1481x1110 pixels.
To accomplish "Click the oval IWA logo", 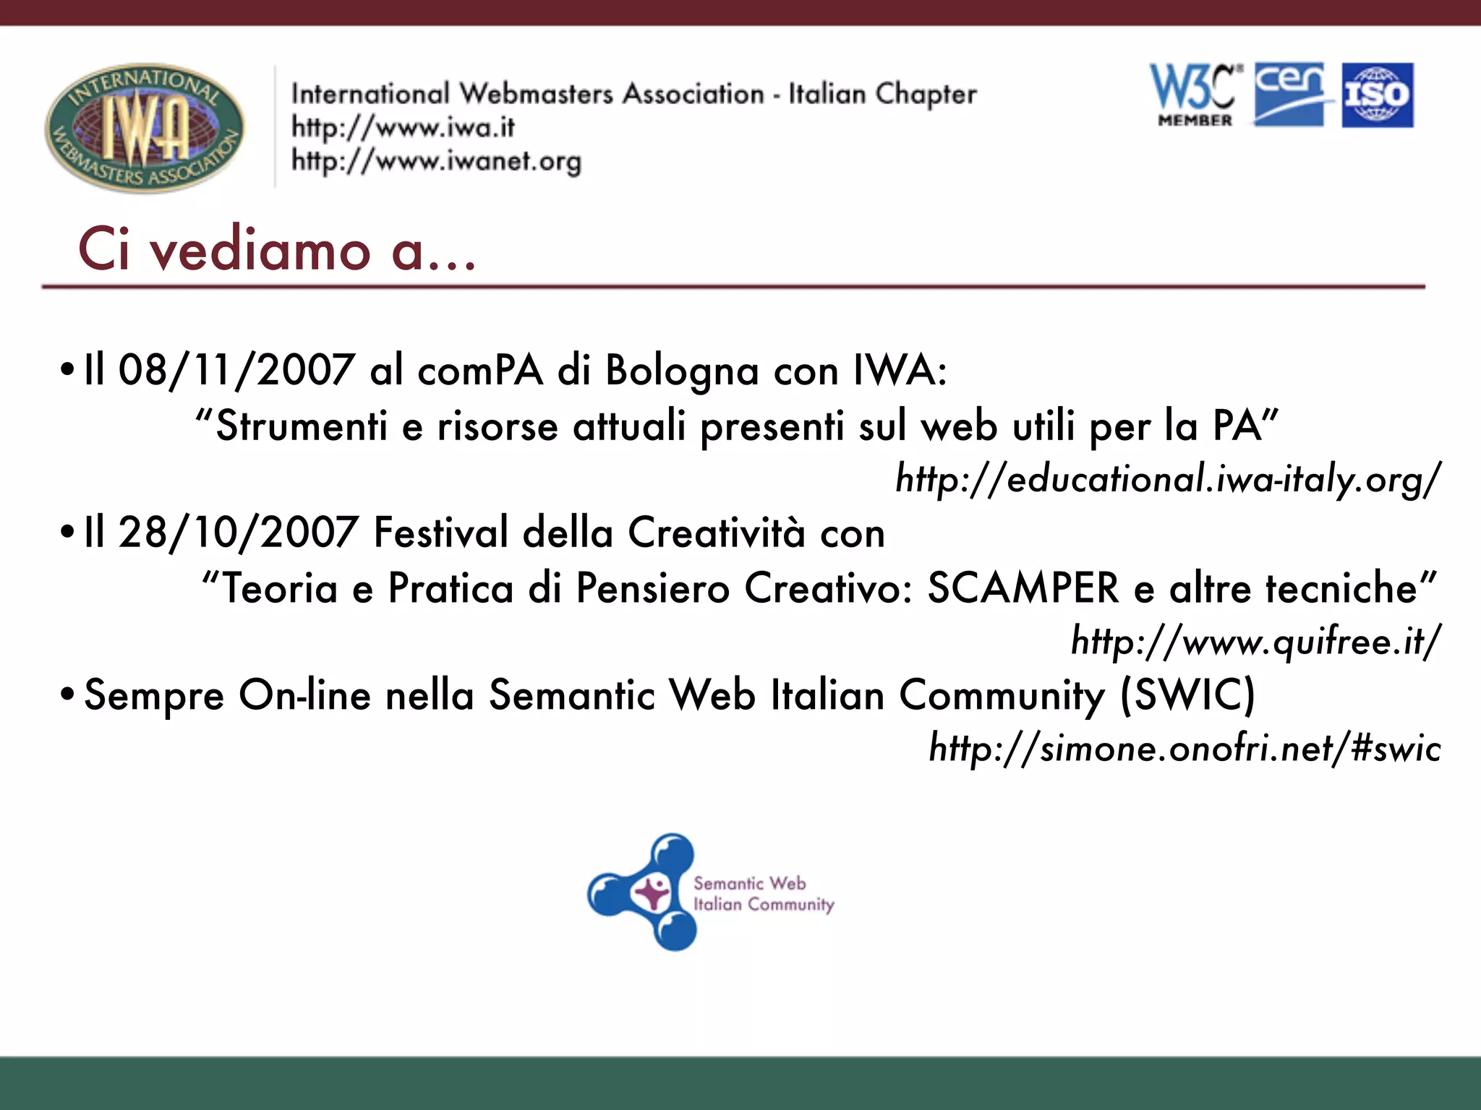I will pyautogui.click(x=145, y=128).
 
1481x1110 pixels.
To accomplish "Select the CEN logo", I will pyautogui.click(x=1290, y=95).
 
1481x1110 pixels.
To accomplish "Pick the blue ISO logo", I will pyautogui.click(x=1378, y=95).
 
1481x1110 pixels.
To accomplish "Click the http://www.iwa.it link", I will pyautogui.click(x=403, y=128).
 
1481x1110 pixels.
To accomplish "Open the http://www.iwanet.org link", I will pyautogui.click(x=436, y=161).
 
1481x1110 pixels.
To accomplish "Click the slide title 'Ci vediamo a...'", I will pyautogui.click(x=277, y=250).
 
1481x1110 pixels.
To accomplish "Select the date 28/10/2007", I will pyautogui.click(x=238, y=533).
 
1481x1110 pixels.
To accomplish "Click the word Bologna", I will pyautogui.click(x=682, y=371).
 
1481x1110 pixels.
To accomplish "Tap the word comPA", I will pyautogui.click(x=479, y=371).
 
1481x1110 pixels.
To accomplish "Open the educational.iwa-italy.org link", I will pyautogui.click(x=1167, y=479).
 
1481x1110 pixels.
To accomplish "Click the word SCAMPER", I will pyautogui.click(x=1023, y=588).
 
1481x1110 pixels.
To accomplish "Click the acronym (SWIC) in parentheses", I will pyautogui.click(x=1187, y=695).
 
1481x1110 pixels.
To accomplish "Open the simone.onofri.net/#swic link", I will pyautogui.click(x=1185, y=749).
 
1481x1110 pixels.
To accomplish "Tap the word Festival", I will pyautogui.click(x=440, y=533).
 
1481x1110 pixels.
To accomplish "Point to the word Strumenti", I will pyautogui.click(x=302, y=426).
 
